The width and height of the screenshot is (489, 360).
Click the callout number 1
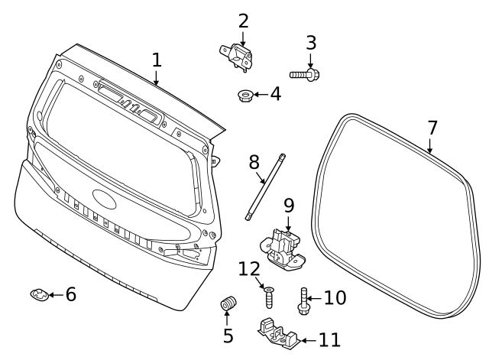pyautogui.click(x=156, y=60)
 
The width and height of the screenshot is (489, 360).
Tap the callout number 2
pyautogui.click(x=243, y=21)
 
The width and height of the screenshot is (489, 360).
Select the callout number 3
pyautogui.click(x=311, y=43)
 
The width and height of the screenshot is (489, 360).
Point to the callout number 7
pyautogui.click(x=432, y=128)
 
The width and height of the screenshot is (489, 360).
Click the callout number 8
pyautogui.click(x=254, y=162)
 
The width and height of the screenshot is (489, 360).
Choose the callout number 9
pyautogui.click(x=289, y=206)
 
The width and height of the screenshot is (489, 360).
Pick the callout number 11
pyautogui.click(x=329, y=340)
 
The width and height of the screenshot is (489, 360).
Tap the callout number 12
pyautogui.click(x=250, y=269)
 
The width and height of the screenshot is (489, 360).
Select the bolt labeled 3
pyautogui.click(x=304, y=74)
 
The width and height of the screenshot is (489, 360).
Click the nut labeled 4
pyautogui.click(x=245, y=96)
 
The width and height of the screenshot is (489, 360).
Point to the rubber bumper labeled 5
pyautogui.click(x=226, y=305)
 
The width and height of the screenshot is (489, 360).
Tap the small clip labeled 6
pyautogui.click(x=39, y=294)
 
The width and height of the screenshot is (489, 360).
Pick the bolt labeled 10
pyautogui.click(x=304, y=302)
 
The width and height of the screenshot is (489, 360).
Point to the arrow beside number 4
pyautogui.click(x=258, y=96)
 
